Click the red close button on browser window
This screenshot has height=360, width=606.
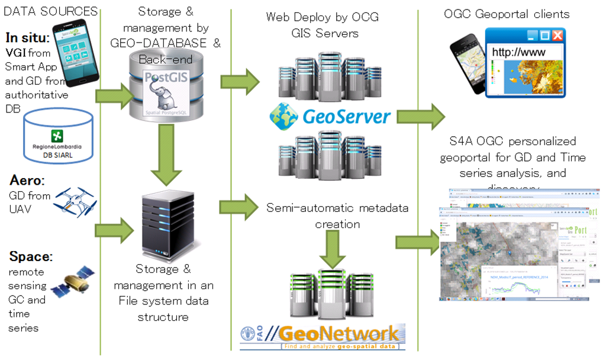pos(557,35)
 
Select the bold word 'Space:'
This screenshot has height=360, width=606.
pos(30,256)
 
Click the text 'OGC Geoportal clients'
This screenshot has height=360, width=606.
pos(507,14)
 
